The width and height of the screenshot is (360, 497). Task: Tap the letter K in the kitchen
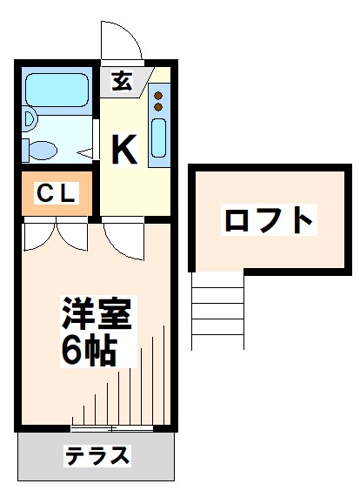(123, 150)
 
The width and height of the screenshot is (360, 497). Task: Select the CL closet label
(56, 194)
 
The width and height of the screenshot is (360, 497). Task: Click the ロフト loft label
(268, 219)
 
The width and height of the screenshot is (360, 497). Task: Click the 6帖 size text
(90, 350)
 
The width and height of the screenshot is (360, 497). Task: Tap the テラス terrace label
(97, 455)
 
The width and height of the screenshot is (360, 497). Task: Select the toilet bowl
(42, 149)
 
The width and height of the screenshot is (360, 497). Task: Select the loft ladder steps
(217, 309)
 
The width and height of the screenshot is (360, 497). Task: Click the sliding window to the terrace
(111, 428)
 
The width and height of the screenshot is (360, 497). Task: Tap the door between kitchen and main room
(123, 237)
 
